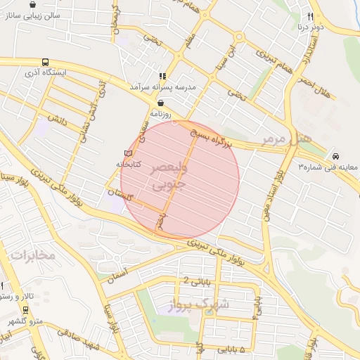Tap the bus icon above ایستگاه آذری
point(46,62)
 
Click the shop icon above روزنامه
point(161,103)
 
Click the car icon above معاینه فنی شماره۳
point(335,155)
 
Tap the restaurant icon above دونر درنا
point(309,16)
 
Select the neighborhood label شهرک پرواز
point(200,304)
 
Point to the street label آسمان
point(120,275)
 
